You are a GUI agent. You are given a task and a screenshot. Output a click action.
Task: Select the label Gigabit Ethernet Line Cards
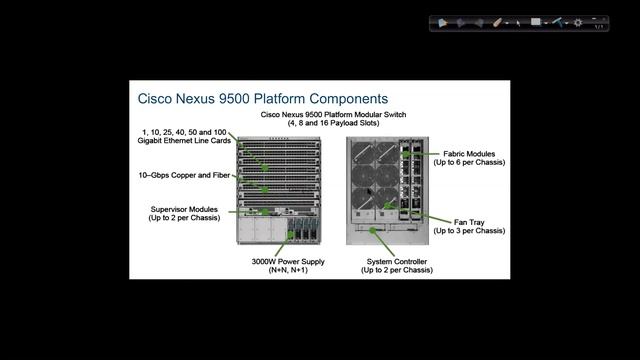(185, 142)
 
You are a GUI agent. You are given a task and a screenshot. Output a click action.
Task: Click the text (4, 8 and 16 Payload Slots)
(327, 123)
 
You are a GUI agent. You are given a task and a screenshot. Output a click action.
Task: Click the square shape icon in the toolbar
(536, 21)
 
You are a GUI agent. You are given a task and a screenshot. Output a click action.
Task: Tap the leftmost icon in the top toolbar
(443, 22)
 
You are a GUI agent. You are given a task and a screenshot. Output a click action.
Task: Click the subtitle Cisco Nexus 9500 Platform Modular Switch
(327, 114)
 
